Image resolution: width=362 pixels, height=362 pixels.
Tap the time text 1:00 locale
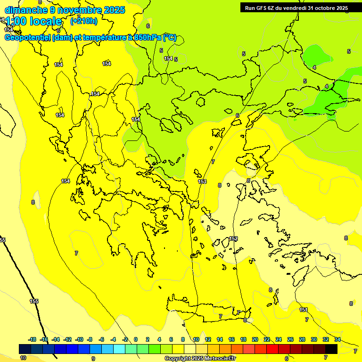(x=33, y=21)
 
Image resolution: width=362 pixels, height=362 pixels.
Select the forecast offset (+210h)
(x=84, y=21)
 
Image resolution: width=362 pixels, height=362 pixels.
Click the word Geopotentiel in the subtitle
(x=27, y=38)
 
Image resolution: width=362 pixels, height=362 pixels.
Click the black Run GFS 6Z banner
(x=296, y=8)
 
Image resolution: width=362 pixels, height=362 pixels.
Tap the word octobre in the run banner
(x=323, y=8)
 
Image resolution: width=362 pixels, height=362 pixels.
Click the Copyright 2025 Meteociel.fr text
(x=200, y=358)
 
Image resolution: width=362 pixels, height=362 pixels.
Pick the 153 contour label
(x=202, y=181)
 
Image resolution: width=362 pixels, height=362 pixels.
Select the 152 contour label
(x=233, y=239)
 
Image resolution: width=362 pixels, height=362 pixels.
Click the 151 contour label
(x=304, y=310)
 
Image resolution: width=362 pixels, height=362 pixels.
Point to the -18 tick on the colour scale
(x=33, y=339)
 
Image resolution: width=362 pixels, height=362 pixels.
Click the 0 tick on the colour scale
(x=136, y=339)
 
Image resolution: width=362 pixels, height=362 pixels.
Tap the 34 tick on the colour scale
(x=337, y=339)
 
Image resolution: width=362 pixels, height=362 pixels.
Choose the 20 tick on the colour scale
(x=255, y=339)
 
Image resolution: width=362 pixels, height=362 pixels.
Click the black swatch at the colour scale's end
(x=331, y=349)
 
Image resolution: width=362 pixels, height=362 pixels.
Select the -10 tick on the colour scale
(x=79, y=339)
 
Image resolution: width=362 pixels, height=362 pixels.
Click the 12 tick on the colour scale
(x=208, y=339)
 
